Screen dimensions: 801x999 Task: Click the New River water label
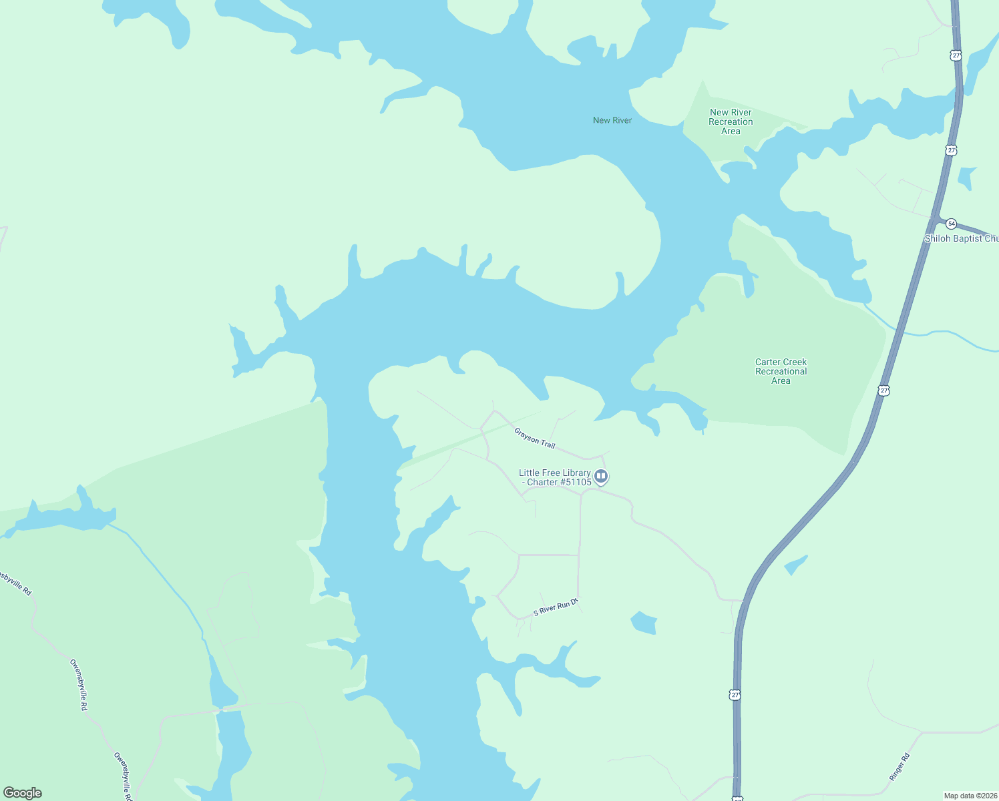point(612,120)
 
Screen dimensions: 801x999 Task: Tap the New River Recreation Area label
point(731,122)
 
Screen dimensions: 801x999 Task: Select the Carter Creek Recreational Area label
point(781,372)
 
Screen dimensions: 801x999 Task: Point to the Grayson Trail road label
point(535,438)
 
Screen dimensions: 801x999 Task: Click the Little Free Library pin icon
point(601,477)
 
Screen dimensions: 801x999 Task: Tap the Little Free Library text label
point(555,477)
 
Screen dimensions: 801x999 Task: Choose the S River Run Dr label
point(556,607)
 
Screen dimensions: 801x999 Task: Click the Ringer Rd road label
point(900,767)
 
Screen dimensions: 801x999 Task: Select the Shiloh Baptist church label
point(961,238)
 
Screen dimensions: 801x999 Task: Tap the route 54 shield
point(951,224)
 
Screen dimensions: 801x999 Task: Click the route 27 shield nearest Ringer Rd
point(735,695)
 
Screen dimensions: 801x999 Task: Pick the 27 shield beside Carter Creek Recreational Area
point(883,390)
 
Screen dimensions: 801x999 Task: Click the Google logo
point(23,793)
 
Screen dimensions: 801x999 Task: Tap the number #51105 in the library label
point(576,483)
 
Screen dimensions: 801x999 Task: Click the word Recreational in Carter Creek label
point(781,372)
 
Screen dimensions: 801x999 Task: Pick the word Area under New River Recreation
point(731,131)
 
